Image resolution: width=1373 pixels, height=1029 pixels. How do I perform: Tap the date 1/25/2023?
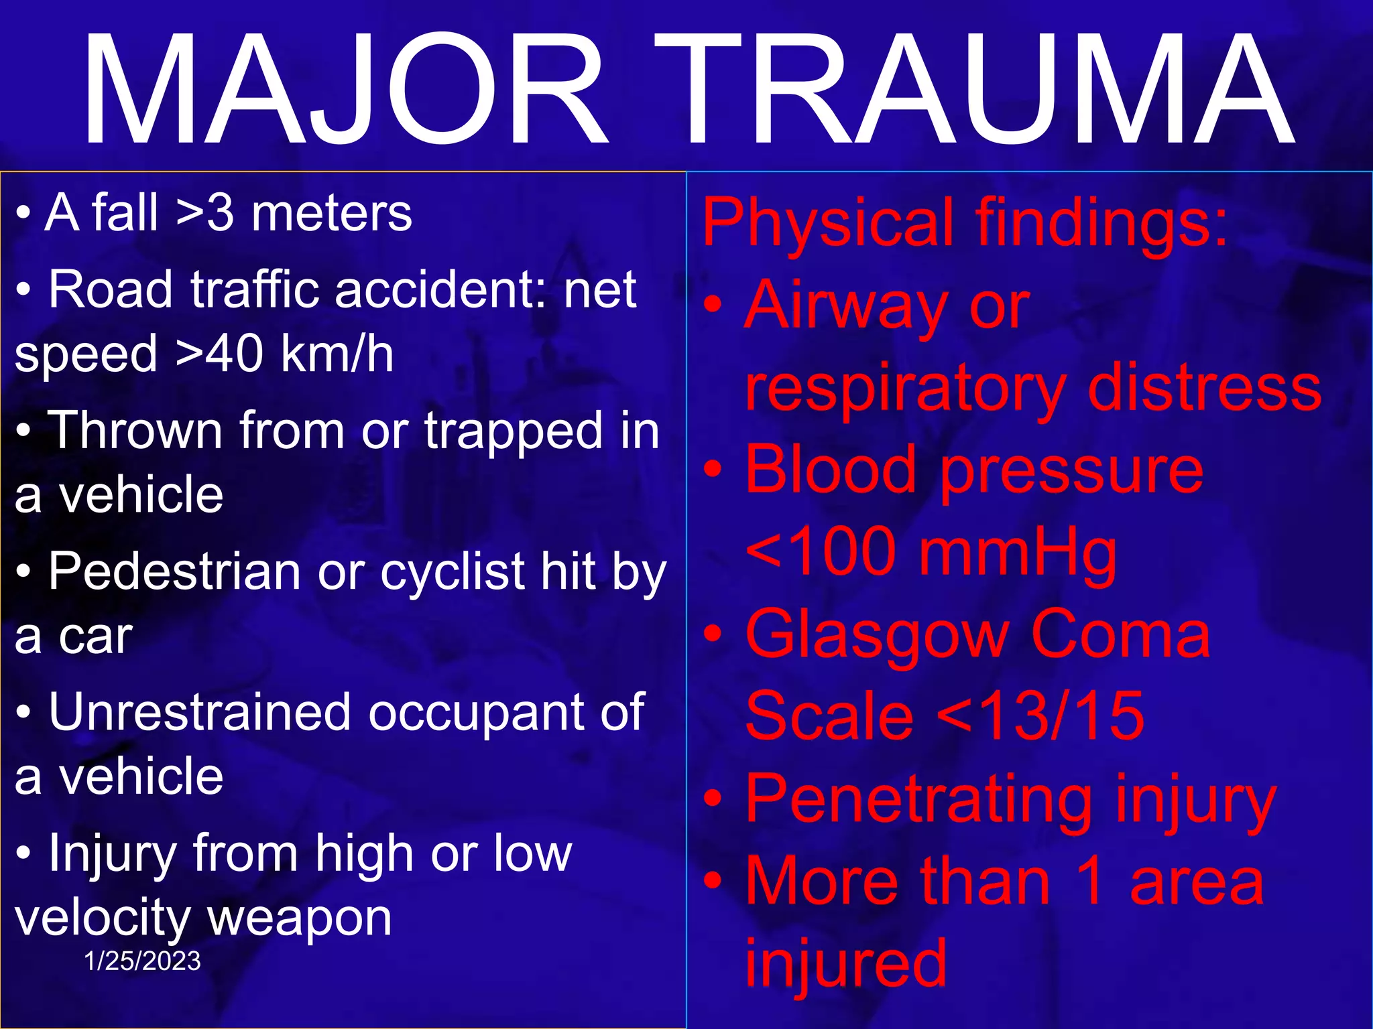click(142, 961)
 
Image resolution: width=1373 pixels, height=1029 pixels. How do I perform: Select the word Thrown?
click(135, 431)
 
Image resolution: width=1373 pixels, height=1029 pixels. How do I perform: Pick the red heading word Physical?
click(829, 222)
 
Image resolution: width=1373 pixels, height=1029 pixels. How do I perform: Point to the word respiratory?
click(906, 389)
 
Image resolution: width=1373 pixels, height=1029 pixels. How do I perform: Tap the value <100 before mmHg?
click(821, 552)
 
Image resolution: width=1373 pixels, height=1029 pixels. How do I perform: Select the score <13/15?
click(1040, 717)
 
